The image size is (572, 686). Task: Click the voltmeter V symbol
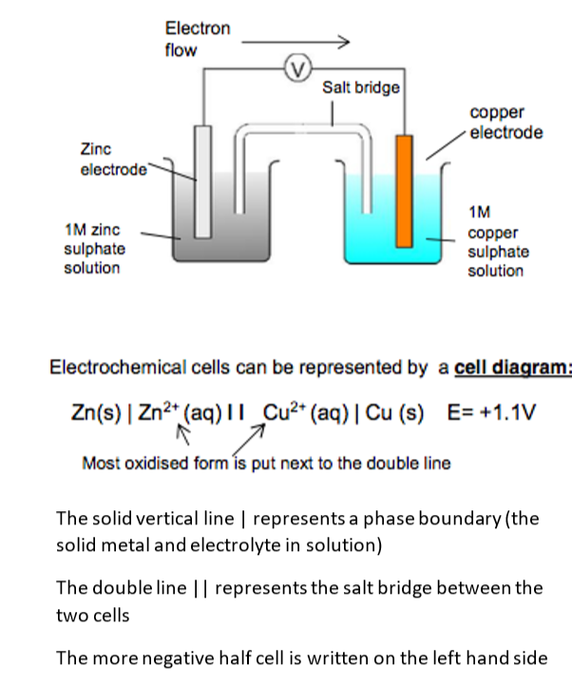(296, 67)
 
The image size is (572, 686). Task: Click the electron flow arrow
(296, 42)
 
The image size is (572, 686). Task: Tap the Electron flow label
(197, 39)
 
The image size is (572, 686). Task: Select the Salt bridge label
(360, 87)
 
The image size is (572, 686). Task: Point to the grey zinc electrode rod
(202, 181)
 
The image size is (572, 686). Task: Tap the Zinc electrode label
(113, 160)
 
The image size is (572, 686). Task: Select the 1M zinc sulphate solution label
(92, 249)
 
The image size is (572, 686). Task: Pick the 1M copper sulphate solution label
(498, 242)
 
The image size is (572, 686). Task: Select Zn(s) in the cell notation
(96, 413)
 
